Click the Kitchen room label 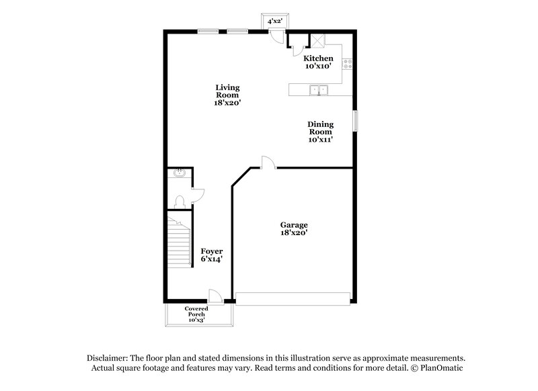coord(318,59)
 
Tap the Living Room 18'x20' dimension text coord(227,103)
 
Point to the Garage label coord(294,224)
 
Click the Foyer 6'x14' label coord(212,251)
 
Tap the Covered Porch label coord(197,311)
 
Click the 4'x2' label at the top coord(274,21)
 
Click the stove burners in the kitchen coord(348,64)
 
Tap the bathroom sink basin coord(178,174)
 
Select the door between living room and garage coord(267,162)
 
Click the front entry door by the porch coord(217,296)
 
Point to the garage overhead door coord(293,298)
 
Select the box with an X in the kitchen coord(317,40)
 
